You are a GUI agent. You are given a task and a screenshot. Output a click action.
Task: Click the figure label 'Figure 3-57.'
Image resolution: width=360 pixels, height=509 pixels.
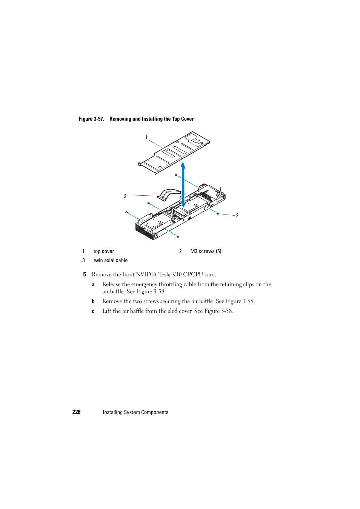[x=91, y=119]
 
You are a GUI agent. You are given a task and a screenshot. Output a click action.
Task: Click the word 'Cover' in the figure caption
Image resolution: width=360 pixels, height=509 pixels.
[x=187, y=119]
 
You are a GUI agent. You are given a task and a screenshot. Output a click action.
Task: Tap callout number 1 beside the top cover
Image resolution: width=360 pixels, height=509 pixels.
[x=146, y=138]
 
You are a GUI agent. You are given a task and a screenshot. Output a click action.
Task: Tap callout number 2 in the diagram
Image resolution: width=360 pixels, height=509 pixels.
[x=237, y=216]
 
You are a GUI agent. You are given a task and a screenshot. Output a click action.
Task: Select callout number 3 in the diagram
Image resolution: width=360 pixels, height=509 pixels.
[x=125, y=196]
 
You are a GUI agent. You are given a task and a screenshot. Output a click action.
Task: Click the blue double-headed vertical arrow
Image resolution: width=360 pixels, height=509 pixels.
[x=183, y=185]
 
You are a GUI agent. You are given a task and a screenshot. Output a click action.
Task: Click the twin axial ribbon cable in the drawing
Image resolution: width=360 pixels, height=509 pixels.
[x=170, y=193]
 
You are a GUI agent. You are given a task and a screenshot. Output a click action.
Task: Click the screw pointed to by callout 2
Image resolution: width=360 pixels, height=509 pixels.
[x=218, y=213]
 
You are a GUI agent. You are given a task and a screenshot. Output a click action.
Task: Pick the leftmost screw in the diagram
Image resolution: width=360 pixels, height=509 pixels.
[x=126, y=212]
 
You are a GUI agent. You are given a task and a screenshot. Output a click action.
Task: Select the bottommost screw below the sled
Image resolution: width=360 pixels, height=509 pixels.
[x=178, y=236]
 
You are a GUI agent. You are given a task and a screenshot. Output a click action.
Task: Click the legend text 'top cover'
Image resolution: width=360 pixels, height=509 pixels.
[x=104, y=251]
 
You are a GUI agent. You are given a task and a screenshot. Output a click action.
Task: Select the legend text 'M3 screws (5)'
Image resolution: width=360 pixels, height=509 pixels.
[x=206, y=251]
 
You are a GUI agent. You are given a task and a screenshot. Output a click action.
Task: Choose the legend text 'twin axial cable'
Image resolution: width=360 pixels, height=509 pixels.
[x=111, y=261]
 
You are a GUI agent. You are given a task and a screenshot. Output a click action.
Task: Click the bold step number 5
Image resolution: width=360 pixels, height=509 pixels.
[x=85, y=274]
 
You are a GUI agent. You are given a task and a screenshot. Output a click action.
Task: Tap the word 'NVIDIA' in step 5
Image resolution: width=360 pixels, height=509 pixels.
[x=146, y=274]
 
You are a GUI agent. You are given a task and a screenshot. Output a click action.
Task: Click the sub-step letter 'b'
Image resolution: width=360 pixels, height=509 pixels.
[x=93, y=301]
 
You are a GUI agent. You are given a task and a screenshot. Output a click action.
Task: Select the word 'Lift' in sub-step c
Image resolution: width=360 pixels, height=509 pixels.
[x=107, y=311]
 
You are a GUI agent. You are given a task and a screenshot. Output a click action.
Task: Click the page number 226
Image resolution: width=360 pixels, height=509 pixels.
[x=76, y=412]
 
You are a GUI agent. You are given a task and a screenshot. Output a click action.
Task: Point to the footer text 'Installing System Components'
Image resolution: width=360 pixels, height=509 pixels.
[x=135, y=412]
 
